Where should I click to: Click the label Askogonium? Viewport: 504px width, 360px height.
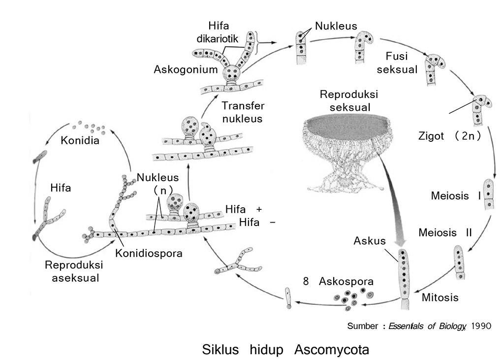click(x=185, y=69)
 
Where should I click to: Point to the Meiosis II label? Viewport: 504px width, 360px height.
click(x=445, y=232)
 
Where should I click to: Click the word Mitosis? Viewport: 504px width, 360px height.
click(x=440, y=297)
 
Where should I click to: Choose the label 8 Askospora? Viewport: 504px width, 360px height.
click(x=338, y=282)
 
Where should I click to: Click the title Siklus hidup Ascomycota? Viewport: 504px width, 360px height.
click(x=285, y=350)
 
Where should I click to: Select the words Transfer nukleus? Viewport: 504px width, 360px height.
click(x=243, y=112)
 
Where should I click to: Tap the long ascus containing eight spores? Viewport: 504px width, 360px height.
click(x=404, y=276)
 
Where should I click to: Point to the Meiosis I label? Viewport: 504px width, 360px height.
click(x=455, y=196)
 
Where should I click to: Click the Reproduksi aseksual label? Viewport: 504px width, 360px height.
click(x=71, y=271)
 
